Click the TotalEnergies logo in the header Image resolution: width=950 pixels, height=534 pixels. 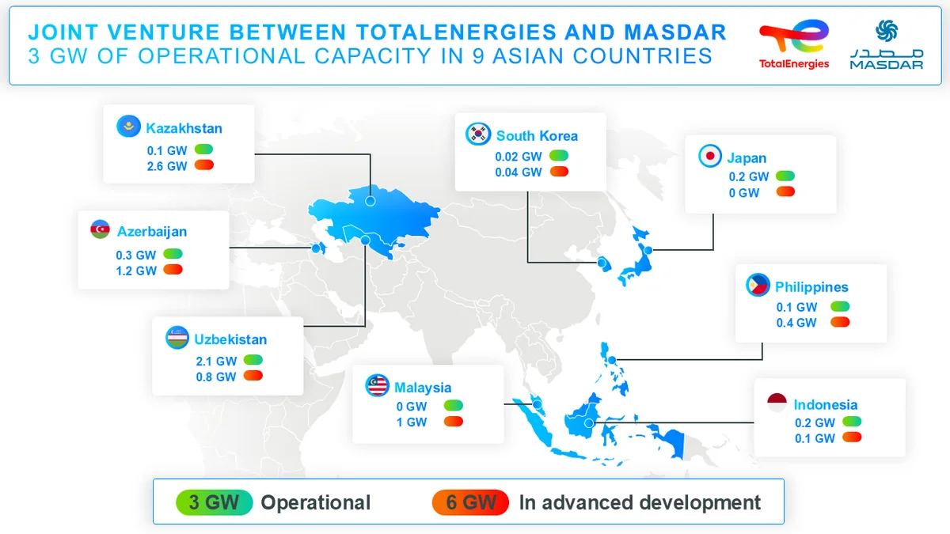click(794, 45)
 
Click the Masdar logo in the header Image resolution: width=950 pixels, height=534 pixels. click(887, 45)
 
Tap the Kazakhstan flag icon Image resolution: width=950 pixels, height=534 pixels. click(127, 127)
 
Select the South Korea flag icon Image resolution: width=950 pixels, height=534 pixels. click(477, 134)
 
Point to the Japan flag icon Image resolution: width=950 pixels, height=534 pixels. click(709, 157)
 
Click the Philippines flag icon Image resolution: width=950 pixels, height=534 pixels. click(758, 286)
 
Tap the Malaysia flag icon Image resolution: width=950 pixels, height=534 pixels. click(377, 387)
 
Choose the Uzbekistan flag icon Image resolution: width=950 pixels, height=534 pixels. click(177, 338)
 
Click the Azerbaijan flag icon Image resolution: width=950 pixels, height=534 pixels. click(101, 231)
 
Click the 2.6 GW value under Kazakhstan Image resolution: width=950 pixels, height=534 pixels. click(166, 166)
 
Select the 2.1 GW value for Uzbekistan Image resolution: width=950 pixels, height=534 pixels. click(216, 361)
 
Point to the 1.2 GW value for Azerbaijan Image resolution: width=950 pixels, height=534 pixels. click(136, 271)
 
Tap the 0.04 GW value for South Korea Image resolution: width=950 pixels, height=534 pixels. click(519, 172)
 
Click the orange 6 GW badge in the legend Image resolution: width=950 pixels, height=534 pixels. click(470, 502)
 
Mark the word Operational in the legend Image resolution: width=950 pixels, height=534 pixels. click(316, 502)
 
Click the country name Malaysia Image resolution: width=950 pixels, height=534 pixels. click(423, 388)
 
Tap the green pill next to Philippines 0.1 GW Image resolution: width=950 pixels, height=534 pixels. click(840, 306)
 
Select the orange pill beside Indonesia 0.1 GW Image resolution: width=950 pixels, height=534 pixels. click(852, 438)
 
